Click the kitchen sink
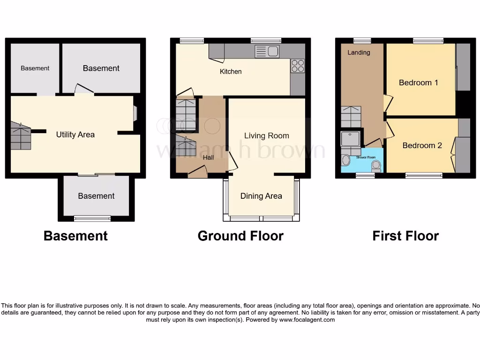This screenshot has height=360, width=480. [x=267, y=51]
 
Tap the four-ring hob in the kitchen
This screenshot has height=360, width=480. [x=298, y=66]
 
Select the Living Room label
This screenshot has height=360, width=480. [x=266, y=136]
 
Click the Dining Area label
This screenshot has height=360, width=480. [x=261, y=196]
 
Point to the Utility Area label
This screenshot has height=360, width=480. [x=75, y=135]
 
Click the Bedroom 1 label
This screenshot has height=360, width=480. [x=418, y=82]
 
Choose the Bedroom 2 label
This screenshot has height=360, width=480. [x=422, y=145]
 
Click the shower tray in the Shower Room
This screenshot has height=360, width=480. [x=351, y=139]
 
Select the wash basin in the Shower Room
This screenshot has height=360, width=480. [x=346, y=161]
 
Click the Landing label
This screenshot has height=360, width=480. [x=359, y=52]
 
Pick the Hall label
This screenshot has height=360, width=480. [x=208, y=157]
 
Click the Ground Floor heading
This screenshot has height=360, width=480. [x=240, y=236]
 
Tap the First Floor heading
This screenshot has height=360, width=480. [x=405, y=236]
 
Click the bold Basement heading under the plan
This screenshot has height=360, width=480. [x=75, y=236]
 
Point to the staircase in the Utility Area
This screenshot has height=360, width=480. [x=21, y=135]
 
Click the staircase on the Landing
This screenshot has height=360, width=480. [x=351, y=117]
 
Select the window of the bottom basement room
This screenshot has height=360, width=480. [x=93, y=218]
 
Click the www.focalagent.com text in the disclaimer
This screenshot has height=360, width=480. [x=307, y=320]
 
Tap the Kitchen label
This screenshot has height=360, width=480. [x=231, y=72]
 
